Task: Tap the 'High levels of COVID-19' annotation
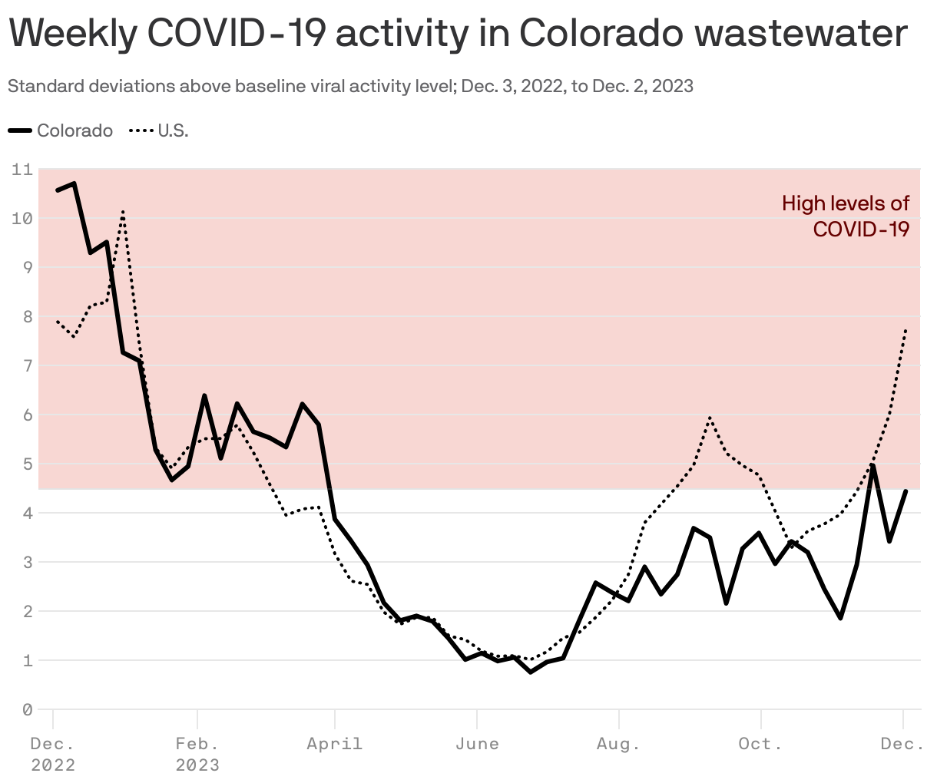[x=846, y=216]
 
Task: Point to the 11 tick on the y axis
[x=22, y=169]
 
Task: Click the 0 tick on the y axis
[x=27, y=709]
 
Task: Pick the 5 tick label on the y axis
[x=27, y=464]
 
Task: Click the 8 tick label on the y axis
[x=27, y=316]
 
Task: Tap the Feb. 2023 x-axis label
[x=197, y=754]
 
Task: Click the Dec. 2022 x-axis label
[x=53, y=754]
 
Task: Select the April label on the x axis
[x=334, y=744]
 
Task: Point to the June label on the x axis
[x=477, y=744]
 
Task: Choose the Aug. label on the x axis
[x=618, y=744]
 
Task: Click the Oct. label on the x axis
[x=760, y=744]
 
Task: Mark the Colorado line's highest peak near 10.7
[x=74, y=183]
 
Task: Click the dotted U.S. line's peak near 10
[x=123, y=211]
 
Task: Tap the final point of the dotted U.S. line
[x=906, y=329]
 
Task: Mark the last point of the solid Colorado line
[x=906, y=491]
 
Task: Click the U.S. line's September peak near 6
[x=710, y=418]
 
